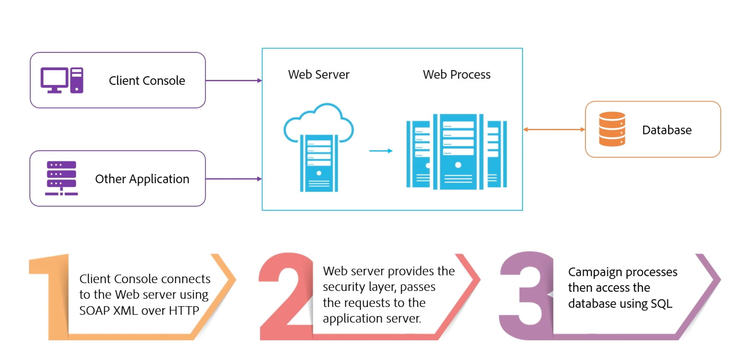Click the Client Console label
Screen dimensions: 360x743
coord(147,81)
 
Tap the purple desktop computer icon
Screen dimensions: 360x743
coord(61,80)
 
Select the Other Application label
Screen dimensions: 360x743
coord(142,179)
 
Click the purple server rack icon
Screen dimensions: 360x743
coord(61,178)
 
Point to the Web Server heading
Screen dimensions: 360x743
coord(318,74)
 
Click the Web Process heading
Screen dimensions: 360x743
coord(456,74)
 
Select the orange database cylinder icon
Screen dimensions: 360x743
coord(612,129)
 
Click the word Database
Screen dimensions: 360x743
coord(667,130)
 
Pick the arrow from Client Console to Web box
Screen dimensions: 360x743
coord(233,81)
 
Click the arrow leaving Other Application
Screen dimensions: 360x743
coord(233,179)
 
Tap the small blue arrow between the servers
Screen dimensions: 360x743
coord(381,151)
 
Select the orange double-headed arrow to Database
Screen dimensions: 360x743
coord(554,129)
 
